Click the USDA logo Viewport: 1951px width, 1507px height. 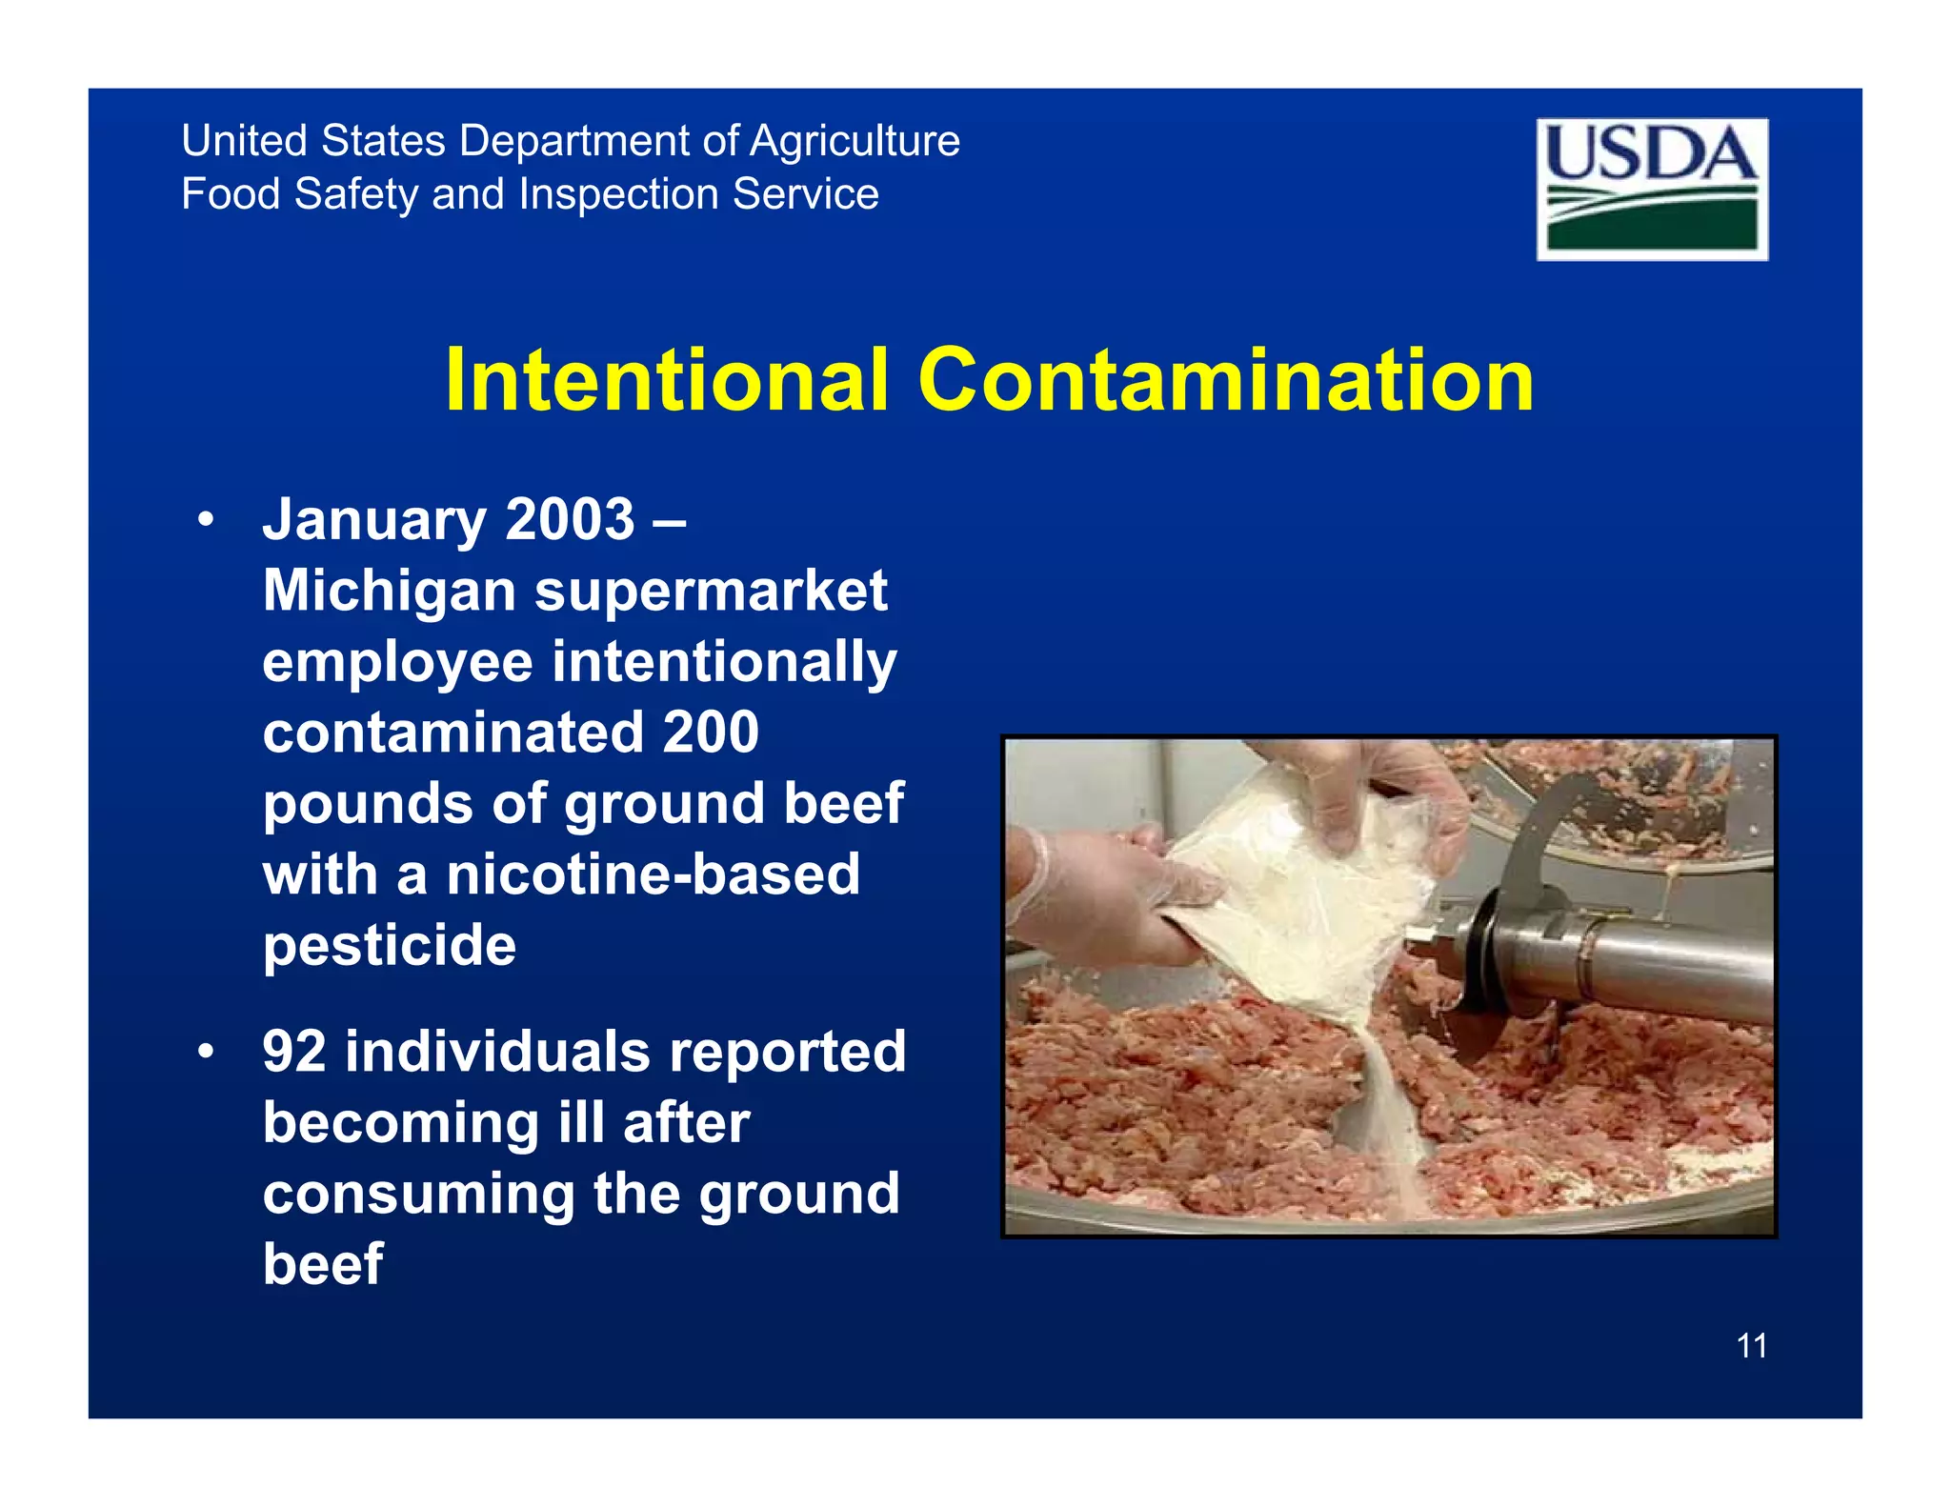tap(1652, 189)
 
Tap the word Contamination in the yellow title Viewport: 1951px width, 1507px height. tap(1225, 380)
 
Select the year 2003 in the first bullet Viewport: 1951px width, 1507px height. tap(570, 520)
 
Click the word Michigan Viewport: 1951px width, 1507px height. tap(390, 593)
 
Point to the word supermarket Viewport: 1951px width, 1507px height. tap(711, 593)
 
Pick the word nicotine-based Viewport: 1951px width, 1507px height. tap(654, 874)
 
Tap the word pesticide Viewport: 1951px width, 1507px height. tap(390, 945)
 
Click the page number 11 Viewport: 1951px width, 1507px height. tap(1752, 1346)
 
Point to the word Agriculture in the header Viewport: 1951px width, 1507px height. tap(855, 141)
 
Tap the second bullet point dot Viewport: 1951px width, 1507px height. tap(205, 1053)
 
